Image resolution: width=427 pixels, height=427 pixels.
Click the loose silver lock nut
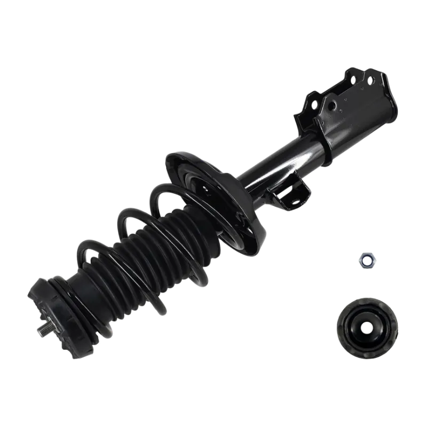366,260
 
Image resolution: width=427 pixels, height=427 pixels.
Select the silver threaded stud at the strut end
42,330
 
